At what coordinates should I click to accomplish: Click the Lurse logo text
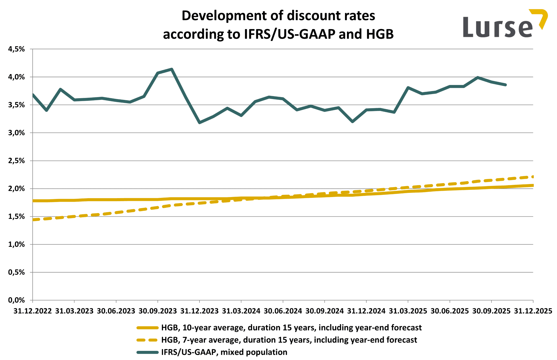pyautogui.click(x=497, y=27)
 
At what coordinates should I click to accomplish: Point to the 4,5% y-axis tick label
pyautogui.click(x=17, y=49)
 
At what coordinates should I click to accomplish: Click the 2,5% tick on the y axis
pyautogui.click(x=17, y=161)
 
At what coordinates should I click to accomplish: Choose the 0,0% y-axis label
pyautogui.click(x=17, y=300)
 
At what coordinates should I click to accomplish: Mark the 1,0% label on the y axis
pyautogui.click(x=17, y=244)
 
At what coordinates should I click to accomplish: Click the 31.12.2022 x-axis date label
pyautogui.click(x=33, y=311)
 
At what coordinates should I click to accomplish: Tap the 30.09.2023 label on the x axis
pyautogui.click(x=158, y=311)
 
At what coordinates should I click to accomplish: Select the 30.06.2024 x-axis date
pyautogui.click(x=283, y=311)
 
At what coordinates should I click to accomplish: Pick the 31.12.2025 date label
pyautogui.click(x=533, y=311)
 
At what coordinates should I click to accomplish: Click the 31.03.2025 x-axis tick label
pyautogui.click(x=408, y=311)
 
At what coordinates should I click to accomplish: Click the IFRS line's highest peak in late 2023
pyautogui.click(x=172, y=69)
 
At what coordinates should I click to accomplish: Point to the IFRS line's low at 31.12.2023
pyautogui.click(x=200, y=122)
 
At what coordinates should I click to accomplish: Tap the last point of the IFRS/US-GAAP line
pyautogui.click(x=505, y=85)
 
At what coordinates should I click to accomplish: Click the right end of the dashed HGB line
pyautogui.click(x=532, y=177)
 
